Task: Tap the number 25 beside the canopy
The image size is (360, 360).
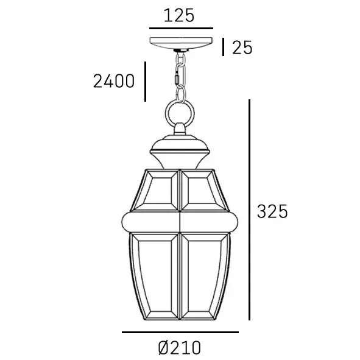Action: pyautogui.click(x=242, y=48)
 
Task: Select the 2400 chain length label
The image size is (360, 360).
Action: pyautogui.click(x=113, y=81)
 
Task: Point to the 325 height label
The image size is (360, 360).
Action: pyautogui.click(x=272, y=211)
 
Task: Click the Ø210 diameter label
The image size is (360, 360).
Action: pyautogui.click(x=179, y=348)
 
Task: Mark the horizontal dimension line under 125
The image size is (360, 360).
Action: pyautogui.click(x=181, y=28)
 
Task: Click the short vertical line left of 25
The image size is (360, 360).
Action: pyautogui.click(x=224, y=47)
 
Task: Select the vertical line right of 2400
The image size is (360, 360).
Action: pyautogui.click(x=146, y=81)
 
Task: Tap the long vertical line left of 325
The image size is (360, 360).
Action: pyautogui.click(x=250, y=210)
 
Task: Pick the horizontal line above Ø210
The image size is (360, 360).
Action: pyautogui.click(x=180, y=332)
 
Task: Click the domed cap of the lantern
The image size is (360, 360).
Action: pyautogui.click(x=180, y=147)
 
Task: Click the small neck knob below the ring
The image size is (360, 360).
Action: pyautogui.click(x=180, y=129)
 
